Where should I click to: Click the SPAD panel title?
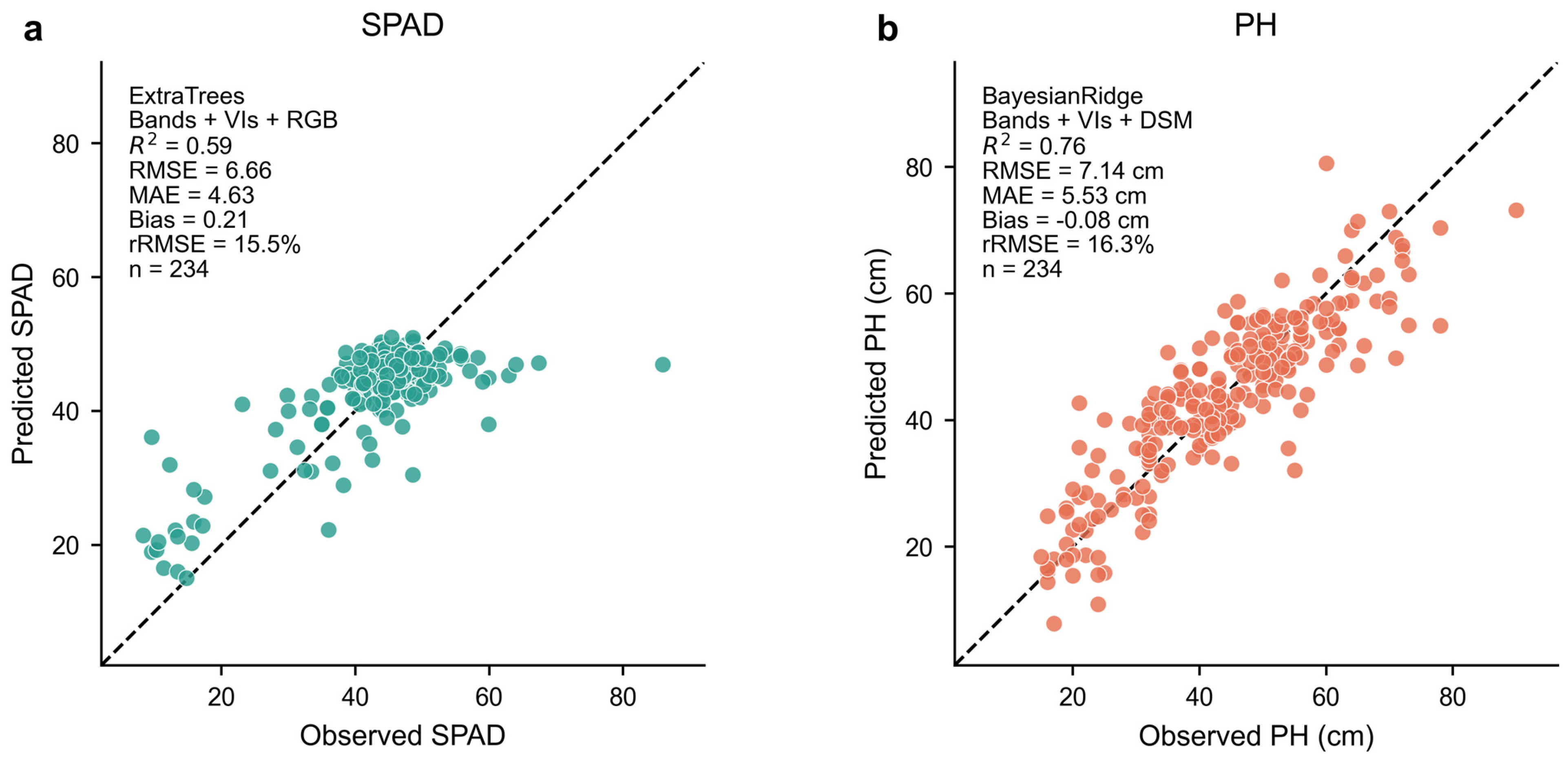pyautogui.click(x=403, y=26)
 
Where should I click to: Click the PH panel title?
pyautogui.click(x=1255, y=26)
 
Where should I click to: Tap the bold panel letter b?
pyautogui.click(x=887, y=28)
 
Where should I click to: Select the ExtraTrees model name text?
pyautogui.click(x=187, y=96)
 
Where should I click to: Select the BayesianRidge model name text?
pyautogui.click(x=1062, y=96)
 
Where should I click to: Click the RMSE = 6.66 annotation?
pyautogui.click(x=200, y=170)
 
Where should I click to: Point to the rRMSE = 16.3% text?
pyautogui.click(x=1068, y=244)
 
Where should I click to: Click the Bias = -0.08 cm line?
pyautogui.click(x=1065, y=220)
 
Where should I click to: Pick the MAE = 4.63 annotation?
pyautogui.click(x=192, y=195)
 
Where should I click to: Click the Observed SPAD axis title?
pyautogui.click(x=403, y=735)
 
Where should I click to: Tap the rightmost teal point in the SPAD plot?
pyautogui.click(x=663, y=365)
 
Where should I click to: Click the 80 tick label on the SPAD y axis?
pyautogui.click(x=66, y=145)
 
